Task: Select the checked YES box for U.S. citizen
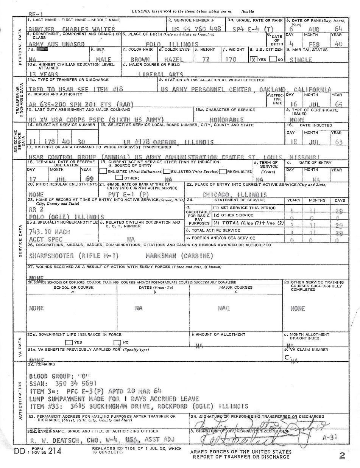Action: tap(254, 59)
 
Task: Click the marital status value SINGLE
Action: tap(301, 60)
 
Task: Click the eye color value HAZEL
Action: tap(173, 60)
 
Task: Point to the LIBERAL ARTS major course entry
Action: tap(161, 75)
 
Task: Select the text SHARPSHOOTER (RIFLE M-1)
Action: tap(74, 256)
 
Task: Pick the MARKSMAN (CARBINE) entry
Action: tap(179, 256)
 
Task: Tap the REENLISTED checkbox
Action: tap(223, 171)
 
